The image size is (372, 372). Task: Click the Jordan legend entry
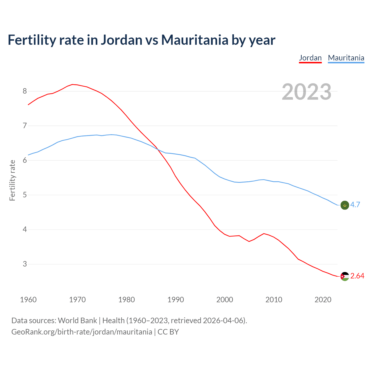pos(310,58)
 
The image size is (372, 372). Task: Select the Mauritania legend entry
pos(346,58)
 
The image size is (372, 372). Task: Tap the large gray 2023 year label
pos(306,92)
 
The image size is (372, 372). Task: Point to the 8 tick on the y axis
pos(25,91)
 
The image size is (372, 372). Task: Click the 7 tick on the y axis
pos(25,126)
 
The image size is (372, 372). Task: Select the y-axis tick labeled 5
pos(25,195)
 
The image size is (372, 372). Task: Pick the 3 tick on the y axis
pos(25,264)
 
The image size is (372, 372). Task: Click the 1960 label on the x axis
pos(28,300)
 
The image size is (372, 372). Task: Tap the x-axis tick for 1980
pos(126,300)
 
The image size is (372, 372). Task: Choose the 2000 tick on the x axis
pos(225,300)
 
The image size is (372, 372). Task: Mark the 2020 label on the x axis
pos(323,300)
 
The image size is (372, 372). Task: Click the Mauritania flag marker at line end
pos(344,205)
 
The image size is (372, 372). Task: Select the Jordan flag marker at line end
pos(344,276)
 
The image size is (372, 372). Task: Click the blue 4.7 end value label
pos(355,205)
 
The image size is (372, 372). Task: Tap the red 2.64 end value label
pos(357,276)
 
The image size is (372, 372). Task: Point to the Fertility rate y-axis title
pos(12,180)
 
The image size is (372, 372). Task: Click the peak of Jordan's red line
pos(72,84)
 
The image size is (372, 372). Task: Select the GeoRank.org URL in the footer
pos(82,332)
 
